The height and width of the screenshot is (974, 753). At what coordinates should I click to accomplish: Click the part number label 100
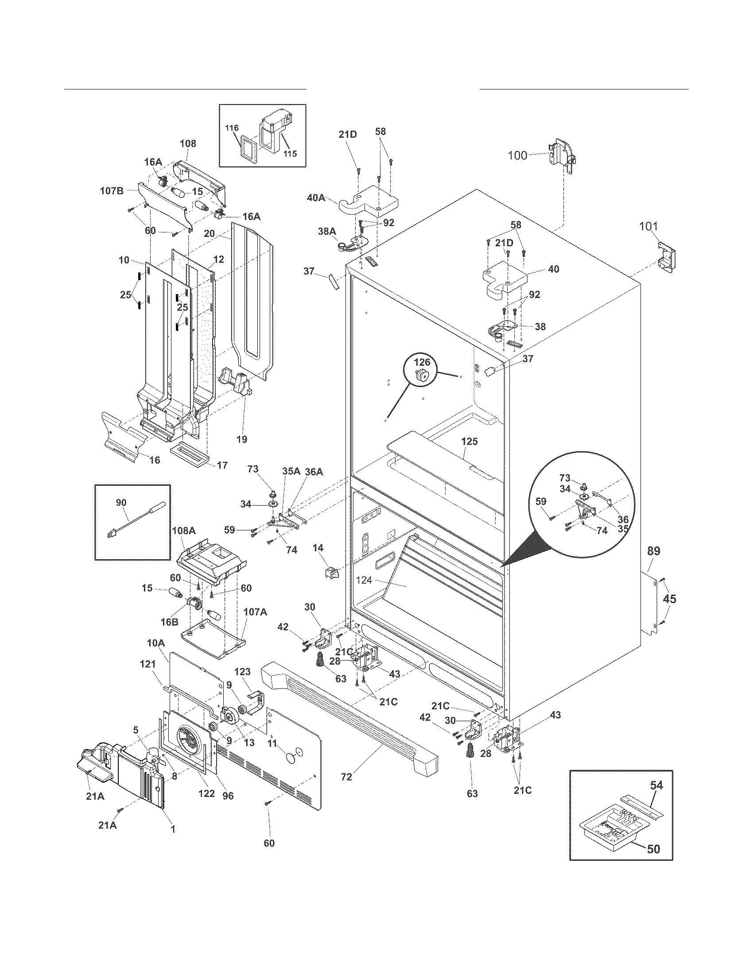(x=517, y=155)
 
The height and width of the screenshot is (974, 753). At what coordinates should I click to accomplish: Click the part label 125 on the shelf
(x=469, y=441)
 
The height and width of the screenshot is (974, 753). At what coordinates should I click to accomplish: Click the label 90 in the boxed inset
(x=121, y=502)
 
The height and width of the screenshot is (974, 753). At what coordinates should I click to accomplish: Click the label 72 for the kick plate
(x=346, y=777)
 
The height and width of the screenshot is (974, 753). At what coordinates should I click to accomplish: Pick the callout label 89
(x=653, y=551)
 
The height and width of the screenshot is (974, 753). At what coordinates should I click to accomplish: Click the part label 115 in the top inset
(x=290, y=154)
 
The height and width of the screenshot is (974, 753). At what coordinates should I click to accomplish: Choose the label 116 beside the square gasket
(x=232, y=128)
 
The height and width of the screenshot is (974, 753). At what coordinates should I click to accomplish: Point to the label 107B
(x=111, y=191)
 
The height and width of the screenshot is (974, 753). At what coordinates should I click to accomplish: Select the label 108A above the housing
(x=183, y=531)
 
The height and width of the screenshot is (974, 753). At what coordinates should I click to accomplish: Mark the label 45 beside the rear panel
(x=669, y=599)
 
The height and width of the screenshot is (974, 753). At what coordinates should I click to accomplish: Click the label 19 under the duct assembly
(x=241, y=439)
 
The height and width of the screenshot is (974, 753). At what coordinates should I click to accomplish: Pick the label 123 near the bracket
(x=242, y=672)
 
